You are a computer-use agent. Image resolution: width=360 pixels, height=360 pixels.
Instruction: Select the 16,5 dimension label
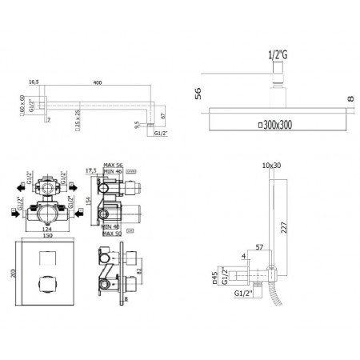(34, 82)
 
